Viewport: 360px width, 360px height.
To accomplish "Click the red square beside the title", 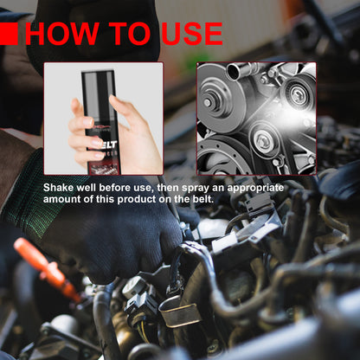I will (9, 33).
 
